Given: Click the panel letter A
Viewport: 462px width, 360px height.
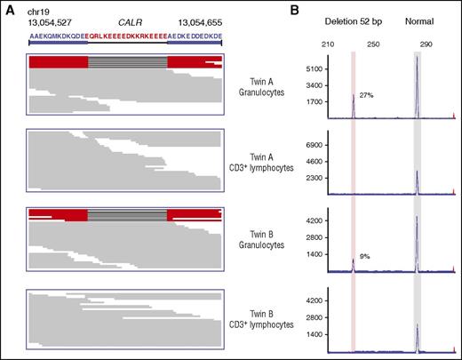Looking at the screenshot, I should (x=8, y=9).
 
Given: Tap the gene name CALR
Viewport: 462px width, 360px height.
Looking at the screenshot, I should (x=121, y=20).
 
